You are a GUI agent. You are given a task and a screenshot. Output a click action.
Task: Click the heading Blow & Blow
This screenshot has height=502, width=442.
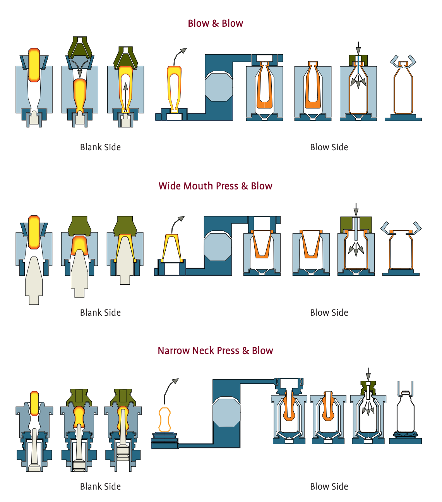point(215,24)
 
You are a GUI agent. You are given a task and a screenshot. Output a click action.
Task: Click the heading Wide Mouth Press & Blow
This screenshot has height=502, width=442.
point(215,186)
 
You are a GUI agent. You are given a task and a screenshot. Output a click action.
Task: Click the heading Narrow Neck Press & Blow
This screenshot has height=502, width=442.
point(215,351)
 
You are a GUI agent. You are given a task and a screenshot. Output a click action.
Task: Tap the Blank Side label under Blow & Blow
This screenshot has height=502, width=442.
point(100,147)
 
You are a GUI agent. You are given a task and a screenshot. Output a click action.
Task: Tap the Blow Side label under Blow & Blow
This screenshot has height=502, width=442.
point(329,147)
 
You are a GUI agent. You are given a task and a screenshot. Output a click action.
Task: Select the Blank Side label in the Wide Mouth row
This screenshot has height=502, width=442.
point(100,313)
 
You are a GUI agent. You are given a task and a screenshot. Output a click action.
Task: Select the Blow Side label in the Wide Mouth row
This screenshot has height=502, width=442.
point(329,313)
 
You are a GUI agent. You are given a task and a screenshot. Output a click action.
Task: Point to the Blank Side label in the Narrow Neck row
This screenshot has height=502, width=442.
point(100,487)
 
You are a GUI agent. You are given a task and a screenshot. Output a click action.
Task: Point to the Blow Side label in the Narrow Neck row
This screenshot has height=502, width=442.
point(329,487)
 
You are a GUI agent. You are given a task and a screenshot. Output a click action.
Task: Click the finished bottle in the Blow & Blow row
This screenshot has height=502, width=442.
point(403,91)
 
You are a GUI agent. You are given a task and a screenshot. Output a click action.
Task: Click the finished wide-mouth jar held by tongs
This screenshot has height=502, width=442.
point(401,250)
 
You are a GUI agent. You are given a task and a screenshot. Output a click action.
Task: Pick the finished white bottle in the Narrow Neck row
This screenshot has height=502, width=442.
point(405,413)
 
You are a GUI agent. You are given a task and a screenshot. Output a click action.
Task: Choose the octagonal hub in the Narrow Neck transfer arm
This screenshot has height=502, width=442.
point(226,412)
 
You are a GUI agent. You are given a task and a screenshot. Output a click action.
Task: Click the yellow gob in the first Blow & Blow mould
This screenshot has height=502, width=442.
point(34,65)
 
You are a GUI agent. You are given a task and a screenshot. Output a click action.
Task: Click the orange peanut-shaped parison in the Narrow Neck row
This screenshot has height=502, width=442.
point(165,419)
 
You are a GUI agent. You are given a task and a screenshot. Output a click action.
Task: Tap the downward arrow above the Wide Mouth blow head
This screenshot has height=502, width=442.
point(356,210)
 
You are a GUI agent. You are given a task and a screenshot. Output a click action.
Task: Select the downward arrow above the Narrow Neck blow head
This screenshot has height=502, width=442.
point(368,375)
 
